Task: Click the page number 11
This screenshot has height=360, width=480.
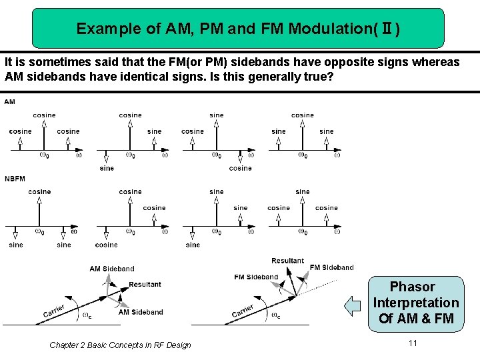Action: pos(413,343)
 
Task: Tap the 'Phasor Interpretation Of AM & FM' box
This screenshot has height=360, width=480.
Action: pos(416,303)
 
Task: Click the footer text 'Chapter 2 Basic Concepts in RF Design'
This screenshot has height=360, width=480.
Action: pos(120,345)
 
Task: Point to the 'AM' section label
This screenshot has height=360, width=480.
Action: pos(10,102)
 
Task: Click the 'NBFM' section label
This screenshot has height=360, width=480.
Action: pos(15,179)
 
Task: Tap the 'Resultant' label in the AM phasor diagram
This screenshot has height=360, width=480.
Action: pos(145,285)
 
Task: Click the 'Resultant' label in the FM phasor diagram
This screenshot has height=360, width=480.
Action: pos(287,261)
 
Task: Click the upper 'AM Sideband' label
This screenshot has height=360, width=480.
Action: pos(112,269)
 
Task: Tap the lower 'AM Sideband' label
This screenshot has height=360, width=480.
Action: pos(141,312)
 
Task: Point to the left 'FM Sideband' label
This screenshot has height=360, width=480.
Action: pos(256,277)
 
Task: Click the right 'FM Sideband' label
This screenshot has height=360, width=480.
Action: pos(331,267)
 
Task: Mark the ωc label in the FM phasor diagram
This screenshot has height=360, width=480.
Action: pos(275,315)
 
